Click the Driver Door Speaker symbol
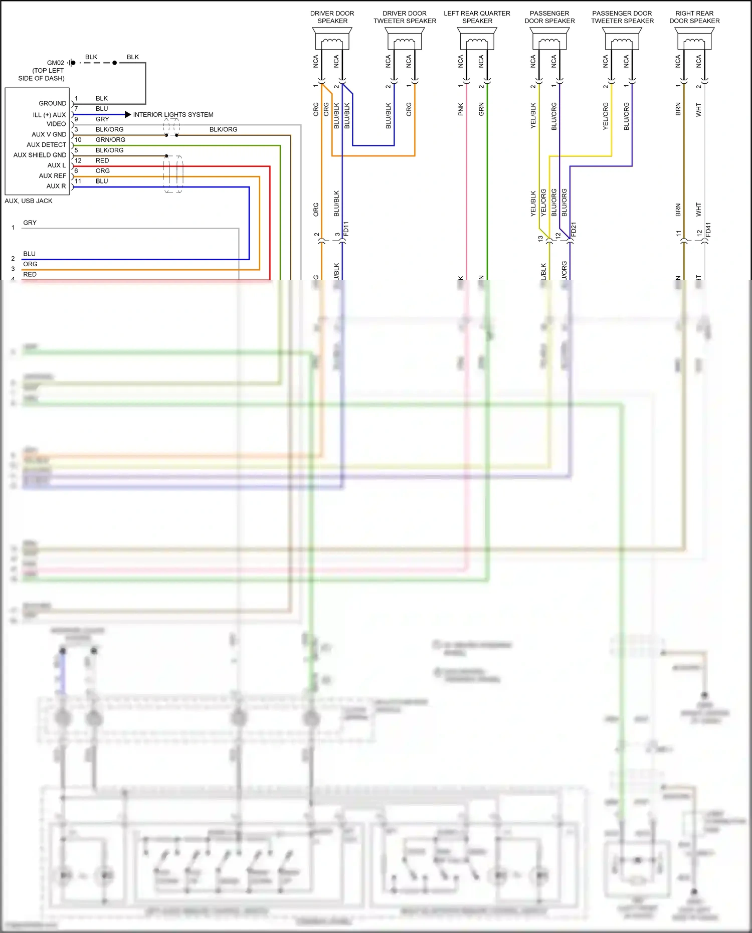(332, 39)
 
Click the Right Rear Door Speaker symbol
(694, 39)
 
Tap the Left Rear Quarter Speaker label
(477, 17)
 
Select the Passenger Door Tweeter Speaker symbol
(622, 39)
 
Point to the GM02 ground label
(55, 63)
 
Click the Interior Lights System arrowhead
(128, 115)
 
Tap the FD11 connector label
(346, 229)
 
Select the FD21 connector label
(574, 229)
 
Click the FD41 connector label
(708, 230)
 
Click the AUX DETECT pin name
(47, 144)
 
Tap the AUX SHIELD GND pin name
(40, 155)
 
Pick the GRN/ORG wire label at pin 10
(110, 140)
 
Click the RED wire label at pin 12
(102, 160)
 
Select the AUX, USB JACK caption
(29, 201)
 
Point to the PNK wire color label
(461, 109)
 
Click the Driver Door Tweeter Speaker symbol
(405, 39)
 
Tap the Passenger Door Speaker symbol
(549, 39)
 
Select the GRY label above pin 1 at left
(30, 223)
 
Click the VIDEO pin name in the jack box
(56, 124)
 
